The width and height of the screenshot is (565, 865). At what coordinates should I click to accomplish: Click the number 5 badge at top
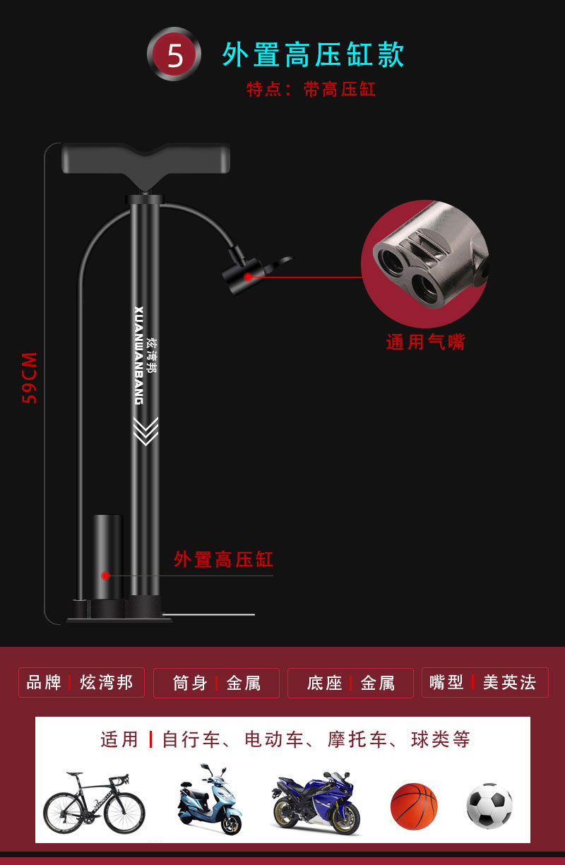[174, 54]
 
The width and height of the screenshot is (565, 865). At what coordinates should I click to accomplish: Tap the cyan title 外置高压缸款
[313, 54]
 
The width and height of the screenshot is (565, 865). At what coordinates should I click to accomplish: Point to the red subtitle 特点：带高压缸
[311, 90]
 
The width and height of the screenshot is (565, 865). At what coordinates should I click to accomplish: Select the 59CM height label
[30, 377]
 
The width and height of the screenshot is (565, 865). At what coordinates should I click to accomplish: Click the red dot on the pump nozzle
[248, 277]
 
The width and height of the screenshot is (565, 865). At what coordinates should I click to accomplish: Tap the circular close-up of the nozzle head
[424, 263]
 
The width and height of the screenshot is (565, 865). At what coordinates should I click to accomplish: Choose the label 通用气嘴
[426, 342]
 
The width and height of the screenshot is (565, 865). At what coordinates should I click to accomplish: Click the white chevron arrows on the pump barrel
[145, 431]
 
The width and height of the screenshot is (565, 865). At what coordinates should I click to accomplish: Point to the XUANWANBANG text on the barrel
[138, 355]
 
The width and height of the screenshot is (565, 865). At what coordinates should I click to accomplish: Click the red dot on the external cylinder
[105, 575]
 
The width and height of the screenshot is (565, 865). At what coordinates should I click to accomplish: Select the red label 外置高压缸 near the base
[223, 560]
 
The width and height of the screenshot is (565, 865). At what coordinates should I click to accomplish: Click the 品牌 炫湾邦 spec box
[81, 683]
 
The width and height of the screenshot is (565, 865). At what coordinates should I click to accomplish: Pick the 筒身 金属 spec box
[216, 683]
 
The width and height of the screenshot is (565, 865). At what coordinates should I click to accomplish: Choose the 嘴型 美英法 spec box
[484, 682]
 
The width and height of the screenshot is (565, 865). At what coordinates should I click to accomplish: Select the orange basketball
[414, 806]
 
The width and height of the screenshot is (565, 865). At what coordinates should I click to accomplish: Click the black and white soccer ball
[489, 806]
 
